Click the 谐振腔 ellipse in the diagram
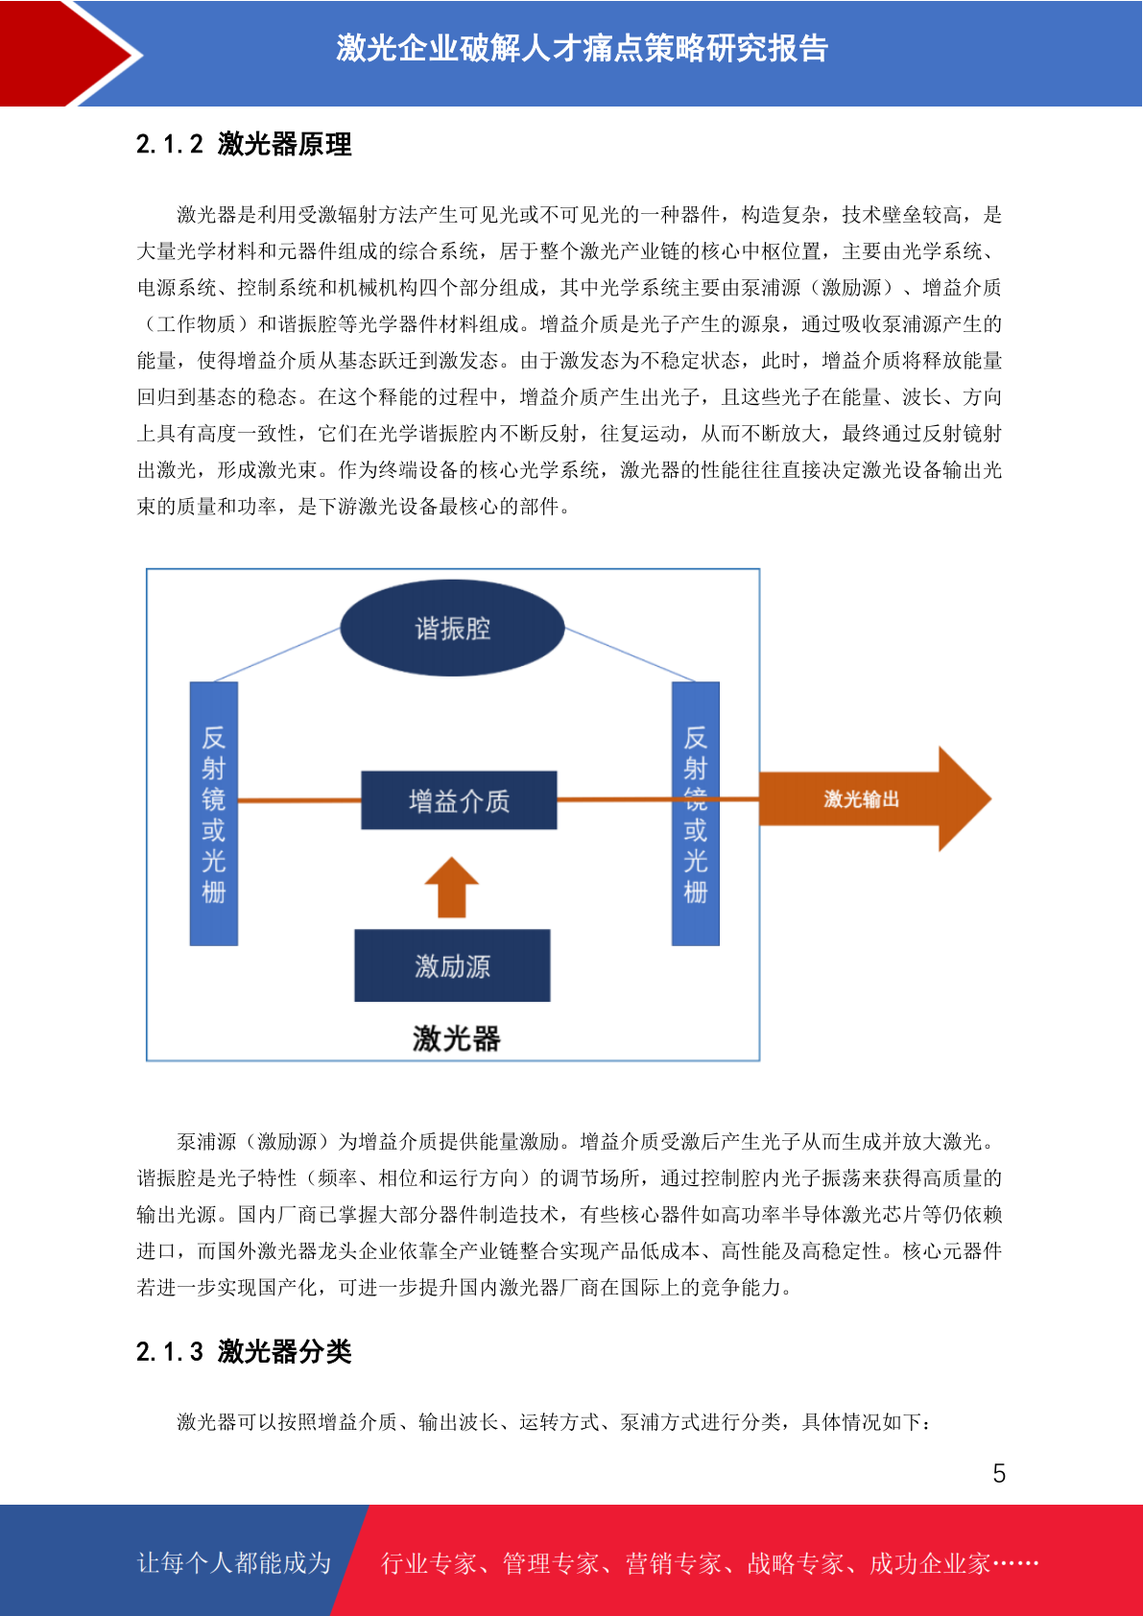[x=452, y=628]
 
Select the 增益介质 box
[x=459, y=800]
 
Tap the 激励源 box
[x=452, y=965]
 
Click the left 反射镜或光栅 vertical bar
[x=214, y=813]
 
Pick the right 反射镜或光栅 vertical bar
[x=696, y=813]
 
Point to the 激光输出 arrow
[x=874, y=798]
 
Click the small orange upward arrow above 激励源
[x=452, y=888]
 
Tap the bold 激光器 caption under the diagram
[x=456, y=1039]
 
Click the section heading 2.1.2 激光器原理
[x=244, y=144]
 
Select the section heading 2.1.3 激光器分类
[x=244, y=1351]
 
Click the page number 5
[x=999, y=1473]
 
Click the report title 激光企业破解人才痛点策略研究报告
[x=582, y=49]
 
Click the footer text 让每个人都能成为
[x=234, y=1562]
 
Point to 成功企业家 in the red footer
[x=930, y=1563]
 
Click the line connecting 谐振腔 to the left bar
[x=277, y=654]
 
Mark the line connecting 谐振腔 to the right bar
[x=630, y=654]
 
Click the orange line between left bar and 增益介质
[x=299, y=800]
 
